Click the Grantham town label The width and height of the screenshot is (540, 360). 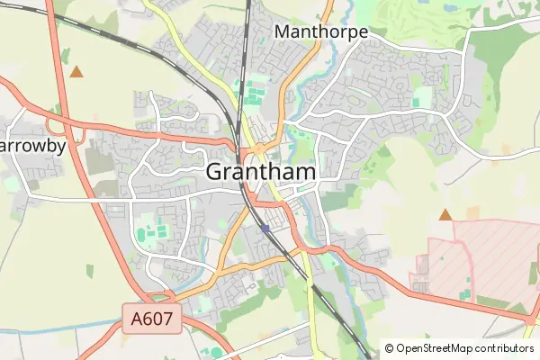click(x=260, y=171)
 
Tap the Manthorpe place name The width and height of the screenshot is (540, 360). click(x=320, y=32)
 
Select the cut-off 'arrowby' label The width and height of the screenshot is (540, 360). click(x=33, y=146)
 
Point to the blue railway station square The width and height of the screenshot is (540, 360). click(x=265, y=229)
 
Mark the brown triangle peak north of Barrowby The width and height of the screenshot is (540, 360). click(x=77, y=70)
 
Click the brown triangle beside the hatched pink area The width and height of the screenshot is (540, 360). click(x=445, y=214)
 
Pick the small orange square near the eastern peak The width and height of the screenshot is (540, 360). click(x=473, y=212)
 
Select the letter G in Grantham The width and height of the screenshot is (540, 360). click(x=216, y=171)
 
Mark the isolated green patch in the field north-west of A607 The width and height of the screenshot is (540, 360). click(x=90, y=270)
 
